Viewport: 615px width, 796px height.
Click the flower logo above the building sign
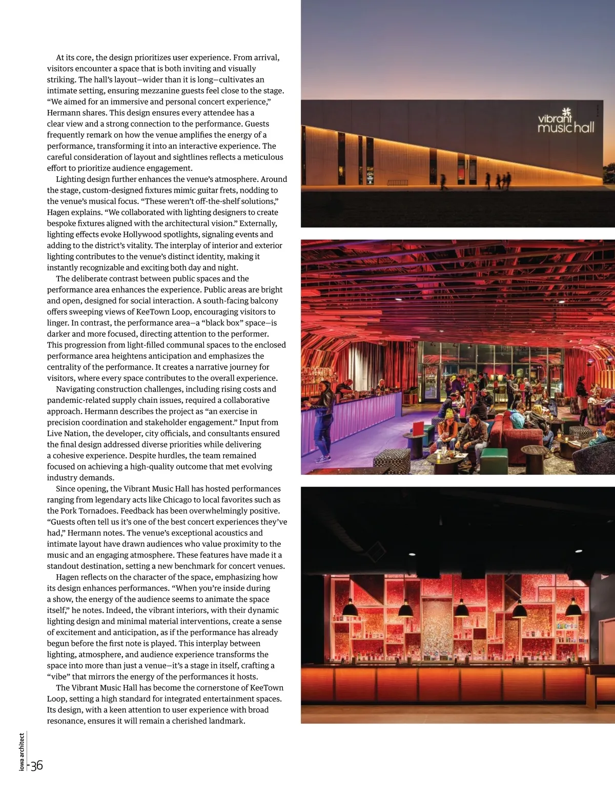coord(566,112)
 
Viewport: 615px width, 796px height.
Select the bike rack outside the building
coord(398,182)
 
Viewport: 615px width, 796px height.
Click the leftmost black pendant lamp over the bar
coord(350,608)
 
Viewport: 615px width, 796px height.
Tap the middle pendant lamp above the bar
coord(461,609)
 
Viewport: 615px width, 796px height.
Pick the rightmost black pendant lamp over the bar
coord(573,608)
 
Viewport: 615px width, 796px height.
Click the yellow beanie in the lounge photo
coord(449,413)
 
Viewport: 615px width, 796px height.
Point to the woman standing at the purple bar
coord(324,418)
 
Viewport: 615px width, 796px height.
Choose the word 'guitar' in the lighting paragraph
coord(188,190)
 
